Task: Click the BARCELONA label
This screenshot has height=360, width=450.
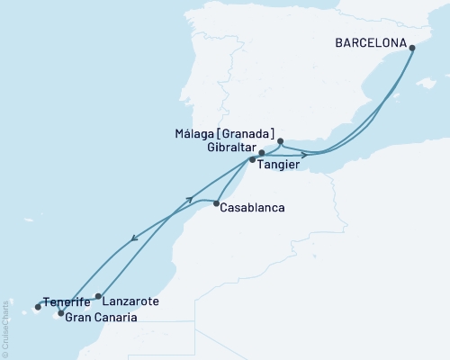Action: (369, 41)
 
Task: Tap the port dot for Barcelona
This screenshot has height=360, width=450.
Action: (411, 48)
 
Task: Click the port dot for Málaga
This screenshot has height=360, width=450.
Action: (281, 141)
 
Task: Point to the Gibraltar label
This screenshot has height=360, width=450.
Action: (231, 147)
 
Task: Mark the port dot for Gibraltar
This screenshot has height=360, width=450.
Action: (261, 153)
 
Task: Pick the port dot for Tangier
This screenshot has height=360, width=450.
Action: (253, 160)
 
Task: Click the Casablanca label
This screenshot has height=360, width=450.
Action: (254, 208)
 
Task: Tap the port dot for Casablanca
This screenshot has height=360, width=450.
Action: (217, 204)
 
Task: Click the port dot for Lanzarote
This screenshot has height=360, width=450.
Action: (98, 295)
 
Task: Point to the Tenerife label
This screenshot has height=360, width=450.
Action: (66, 302)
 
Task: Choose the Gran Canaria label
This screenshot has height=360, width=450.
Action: (102, 318)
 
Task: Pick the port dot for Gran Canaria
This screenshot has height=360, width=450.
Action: (60, 313)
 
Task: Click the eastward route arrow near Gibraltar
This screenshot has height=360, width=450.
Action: (304, 155)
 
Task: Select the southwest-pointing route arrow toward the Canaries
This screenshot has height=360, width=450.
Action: (134, 238)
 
